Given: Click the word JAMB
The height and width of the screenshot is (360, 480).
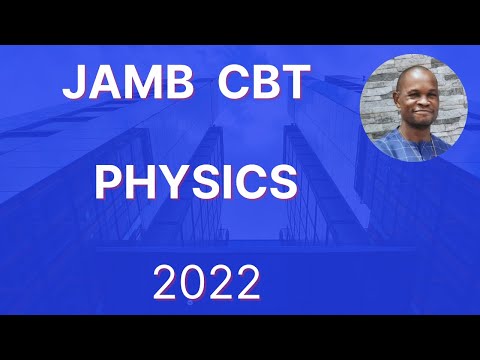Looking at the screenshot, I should click(122, 84).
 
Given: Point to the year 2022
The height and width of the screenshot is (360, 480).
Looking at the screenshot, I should click(206, 285).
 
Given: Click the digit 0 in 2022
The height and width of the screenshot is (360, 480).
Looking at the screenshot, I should click(189, 285).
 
